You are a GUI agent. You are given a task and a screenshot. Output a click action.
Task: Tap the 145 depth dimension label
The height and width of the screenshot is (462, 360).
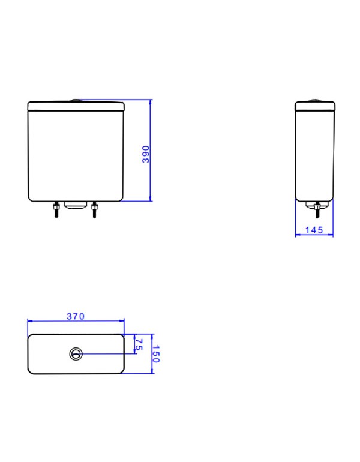(x=314, y=230)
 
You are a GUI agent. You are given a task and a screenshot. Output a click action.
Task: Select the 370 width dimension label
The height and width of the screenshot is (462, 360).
(x=76, y=316)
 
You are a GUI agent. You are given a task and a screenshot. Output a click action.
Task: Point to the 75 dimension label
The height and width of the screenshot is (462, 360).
(x=138, y=344)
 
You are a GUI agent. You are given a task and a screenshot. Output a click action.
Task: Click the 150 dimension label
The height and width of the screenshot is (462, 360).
(x=157, y=354)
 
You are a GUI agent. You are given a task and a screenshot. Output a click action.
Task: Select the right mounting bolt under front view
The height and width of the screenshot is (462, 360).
(x=94, y=211)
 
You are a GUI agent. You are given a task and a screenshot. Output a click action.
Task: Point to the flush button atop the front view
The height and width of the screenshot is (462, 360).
(x=76, y=100)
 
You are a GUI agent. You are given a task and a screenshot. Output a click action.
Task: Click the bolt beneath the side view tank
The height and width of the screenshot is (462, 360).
(x=317, y=211)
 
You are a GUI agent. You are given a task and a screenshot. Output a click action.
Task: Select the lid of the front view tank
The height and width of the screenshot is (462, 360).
(x=76, y=107)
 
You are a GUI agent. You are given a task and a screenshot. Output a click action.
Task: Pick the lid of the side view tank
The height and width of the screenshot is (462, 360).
(x=314, y=107)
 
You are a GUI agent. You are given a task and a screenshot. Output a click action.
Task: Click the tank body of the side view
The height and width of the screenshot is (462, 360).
(x=314, y=156)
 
